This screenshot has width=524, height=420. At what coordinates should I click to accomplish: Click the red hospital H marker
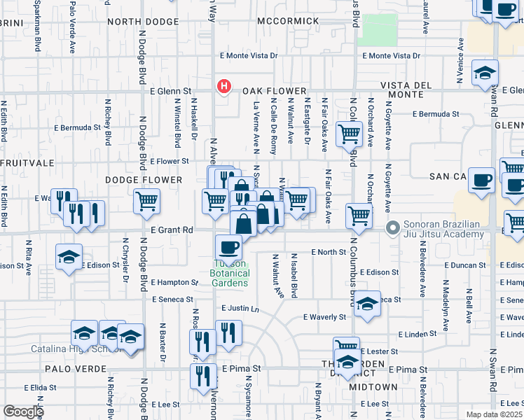223,87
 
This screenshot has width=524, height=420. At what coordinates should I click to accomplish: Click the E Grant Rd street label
172,230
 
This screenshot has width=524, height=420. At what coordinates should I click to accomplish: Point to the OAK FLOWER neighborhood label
275,91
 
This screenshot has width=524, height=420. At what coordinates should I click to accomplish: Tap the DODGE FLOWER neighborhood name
144,180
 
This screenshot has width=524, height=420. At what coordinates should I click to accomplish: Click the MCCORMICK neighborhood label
287,21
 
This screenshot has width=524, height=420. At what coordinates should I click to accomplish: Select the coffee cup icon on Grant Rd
229,247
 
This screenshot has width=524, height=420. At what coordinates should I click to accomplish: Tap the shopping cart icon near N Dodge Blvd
147,202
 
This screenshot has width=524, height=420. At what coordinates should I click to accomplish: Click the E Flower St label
170,161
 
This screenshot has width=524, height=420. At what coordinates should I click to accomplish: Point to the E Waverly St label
324,316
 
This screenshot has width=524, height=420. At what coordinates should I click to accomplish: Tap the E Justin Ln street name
240,308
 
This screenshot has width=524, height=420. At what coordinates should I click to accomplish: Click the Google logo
23,412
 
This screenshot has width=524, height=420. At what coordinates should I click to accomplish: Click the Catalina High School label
67,349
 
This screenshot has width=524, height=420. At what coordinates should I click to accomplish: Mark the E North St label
329,252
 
